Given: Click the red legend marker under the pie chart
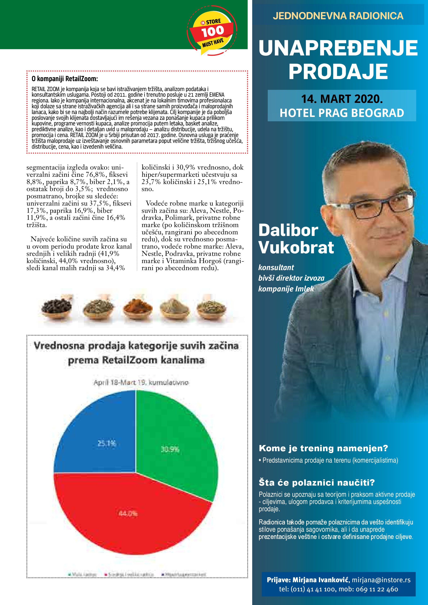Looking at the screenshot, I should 106,574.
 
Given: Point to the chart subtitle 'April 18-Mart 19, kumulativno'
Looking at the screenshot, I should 141,382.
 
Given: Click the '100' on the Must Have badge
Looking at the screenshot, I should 212,32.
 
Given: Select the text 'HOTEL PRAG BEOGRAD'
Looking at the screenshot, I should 342,113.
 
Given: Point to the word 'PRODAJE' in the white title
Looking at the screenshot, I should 338,71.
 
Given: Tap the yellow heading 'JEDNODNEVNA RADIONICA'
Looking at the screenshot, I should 338,16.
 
